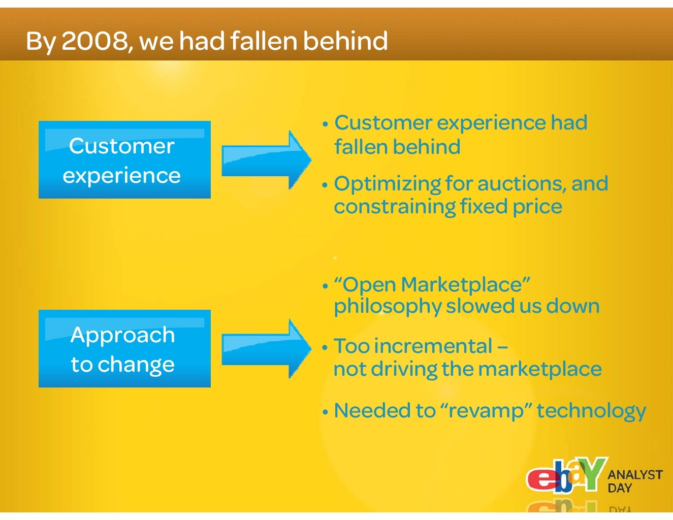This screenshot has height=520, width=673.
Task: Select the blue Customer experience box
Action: (124, 160)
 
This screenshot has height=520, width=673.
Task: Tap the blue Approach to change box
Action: (124, 349)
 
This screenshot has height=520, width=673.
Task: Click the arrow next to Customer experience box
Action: (266, 160)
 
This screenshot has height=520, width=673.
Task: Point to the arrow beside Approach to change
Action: (266, 349)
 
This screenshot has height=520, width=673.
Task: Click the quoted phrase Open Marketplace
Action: (432, 284)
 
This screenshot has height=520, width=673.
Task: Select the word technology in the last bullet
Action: (591, 411)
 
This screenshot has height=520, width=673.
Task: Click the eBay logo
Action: (565, 476)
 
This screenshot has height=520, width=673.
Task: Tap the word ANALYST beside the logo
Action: (635, 475)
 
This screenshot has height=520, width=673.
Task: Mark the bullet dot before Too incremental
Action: (325, 348)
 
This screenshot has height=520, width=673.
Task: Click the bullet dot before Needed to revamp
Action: (325, 412)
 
